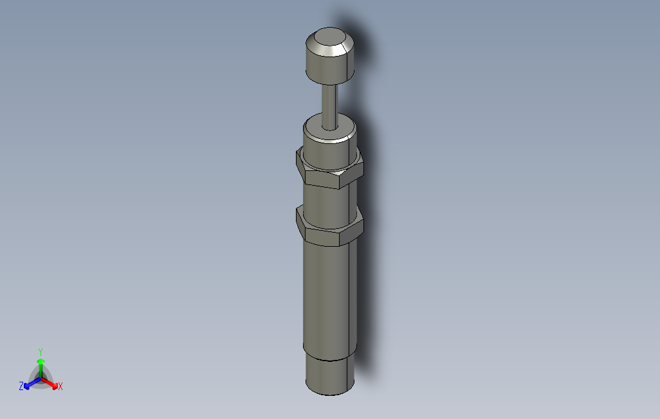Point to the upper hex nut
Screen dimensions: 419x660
(x=329, y=170)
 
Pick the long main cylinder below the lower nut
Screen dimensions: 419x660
(x=328, y=296)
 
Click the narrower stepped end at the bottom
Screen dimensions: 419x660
(x=328, y=376)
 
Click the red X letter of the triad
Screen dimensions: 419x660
(x=60, y=386)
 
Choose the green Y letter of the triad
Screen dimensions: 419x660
(x=40, y=352)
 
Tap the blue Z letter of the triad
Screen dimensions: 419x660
(x=21, y=386)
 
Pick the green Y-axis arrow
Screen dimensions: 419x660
(x=41, y=365)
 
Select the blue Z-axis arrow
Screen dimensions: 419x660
(x=30, y=384)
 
